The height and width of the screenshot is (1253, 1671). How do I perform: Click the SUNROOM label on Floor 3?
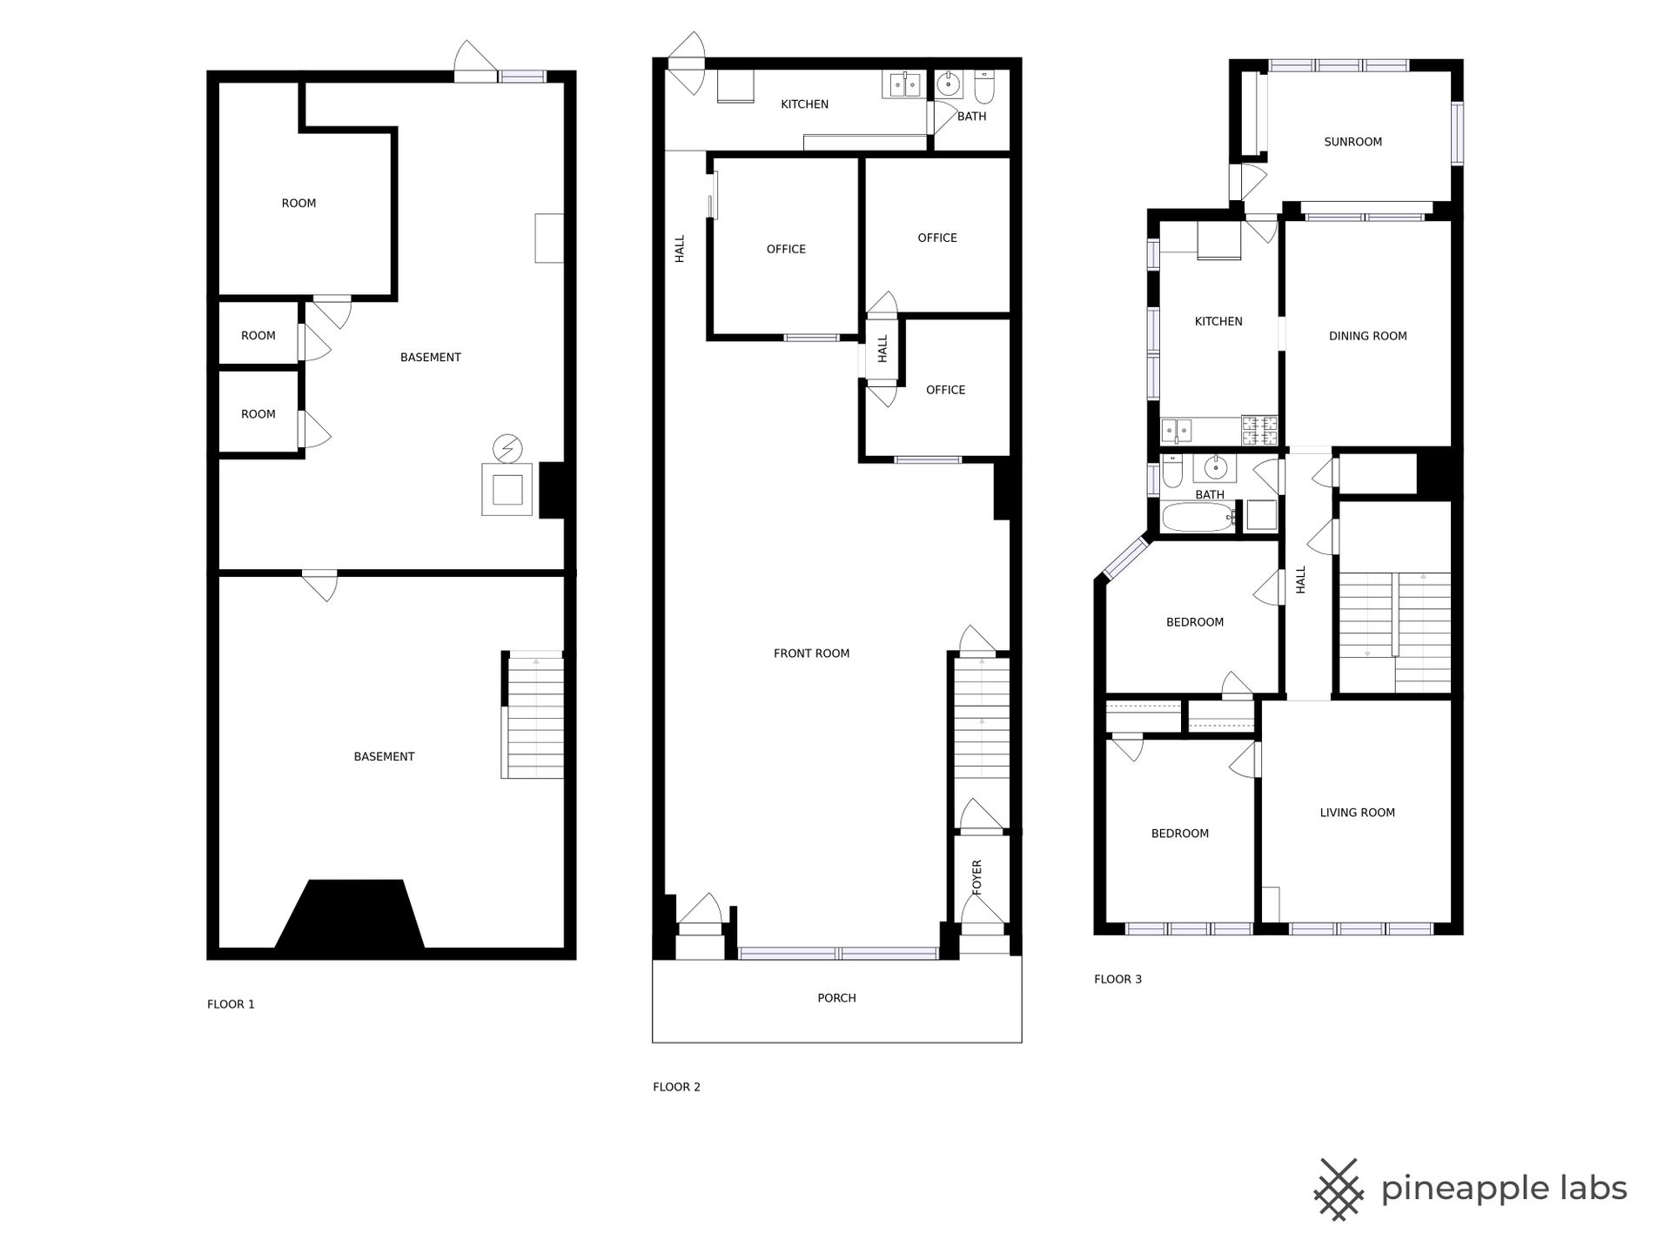pos(1352,142)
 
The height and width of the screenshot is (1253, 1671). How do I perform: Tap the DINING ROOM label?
pos(1367,336)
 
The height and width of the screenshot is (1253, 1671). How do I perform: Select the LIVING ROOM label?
pos(1357,813)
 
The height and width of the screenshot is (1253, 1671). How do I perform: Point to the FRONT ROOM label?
pos(811,653)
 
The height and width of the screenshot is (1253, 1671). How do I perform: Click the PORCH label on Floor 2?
pos(836,998)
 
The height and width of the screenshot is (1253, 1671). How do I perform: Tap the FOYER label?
pos(976,877)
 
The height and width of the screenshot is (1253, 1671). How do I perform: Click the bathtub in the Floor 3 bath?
pos(1198,517)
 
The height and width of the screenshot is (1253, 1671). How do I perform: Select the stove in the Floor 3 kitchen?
pos(1259,430)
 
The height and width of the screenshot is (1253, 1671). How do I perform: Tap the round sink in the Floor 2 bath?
pos(949,84)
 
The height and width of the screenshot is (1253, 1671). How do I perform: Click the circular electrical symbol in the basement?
pos(507,448)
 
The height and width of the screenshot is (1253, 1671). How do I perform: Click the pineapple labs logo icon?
pos(1338,1189)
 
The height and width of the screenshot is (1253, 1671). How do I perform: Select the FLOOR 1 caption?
pos(231,1004)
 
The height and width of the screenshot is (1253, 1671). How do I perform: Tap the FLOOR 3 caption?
pos(1117,979)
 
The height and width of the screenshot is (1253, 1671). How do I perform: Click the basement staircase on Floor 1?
pos(533,714)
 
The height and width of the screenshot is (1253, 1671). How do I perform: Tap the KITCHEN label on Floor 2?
pos(804,104)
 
